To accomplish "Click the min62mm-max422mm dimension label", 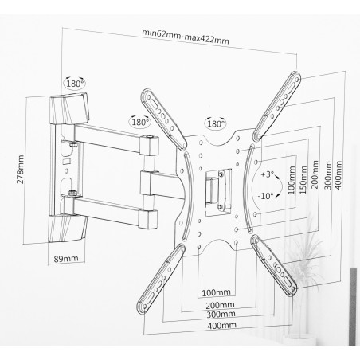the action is [186, 37].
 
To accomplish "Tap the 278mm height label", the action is [21, 169].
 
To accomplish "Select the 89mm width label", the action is [66, 258].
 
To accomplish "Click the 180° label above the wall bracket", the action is [75, 84].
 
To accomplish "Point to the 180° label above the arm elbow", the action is [140, 122].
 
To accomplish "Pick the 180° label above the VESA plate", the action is [215, 123].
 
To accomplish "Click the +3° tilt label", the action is [267, 174].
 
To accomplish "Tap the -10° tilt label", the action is [266, 196].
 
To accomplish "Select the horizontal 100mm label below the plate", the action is [217, 292].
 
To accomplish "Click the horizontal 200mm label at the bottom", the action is [221, 305].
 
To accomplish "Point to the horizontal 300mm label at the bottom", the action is [221, 315].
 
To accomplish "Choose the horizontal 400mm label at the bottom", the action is [222, 325].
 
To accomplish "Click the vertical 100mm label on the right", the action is [292, 180].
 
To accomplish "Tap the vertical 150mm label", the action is [303, 180].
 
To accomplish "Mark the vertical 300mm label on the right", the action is [328, 175].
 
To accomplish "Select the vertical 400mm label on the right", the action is [338, 174].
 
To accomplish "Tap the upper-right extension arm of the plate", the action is [277, 106].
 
